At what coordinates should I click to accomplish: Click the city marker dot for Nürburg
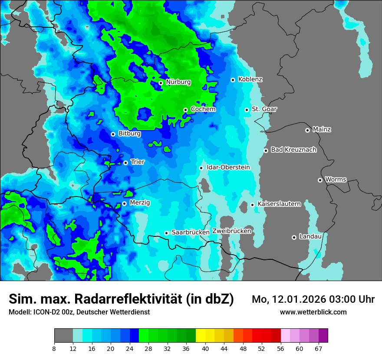(x=161, y=82)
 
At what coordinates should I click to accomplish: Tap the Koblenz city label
(x=250, y=79)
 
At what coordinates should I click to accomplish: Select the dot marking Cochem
(x=185, y=110)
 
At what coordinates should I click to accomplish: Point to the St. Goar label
(x=264, y=109)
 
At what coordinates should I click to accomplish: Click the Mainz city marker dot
(x=307, y=130)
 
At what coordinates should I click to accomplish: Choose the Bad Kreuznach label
(x=293, y=150)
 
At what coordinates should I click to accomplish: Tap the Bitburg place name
(x=129, y=134)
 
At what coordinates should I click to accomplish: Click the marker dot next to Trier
(x=125, y=163)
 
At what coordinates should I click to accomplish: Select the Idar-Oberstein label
(x=228, y=167)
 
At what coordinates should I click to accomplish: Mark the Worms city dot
(x=320, y=180)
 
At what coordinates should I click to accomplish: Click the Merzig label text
(x=140, y=203)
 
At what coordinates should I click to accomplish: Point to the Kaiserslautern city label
(x=279, y=204)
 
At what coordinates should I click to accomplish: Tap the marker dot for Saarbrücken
(x=166, y=233)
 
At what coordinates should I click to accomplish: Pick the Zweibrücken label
(x=231, y=231)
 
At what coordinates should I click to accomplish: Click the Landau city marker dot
(x=294, y=237)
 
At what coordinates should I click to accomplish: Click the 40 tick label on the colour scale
(x=205, y=348)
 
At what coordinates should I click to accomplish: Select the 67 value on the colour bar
(x=318, y=348)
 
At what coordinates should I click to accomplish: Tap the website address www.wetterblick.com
(x=313, y=312)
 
